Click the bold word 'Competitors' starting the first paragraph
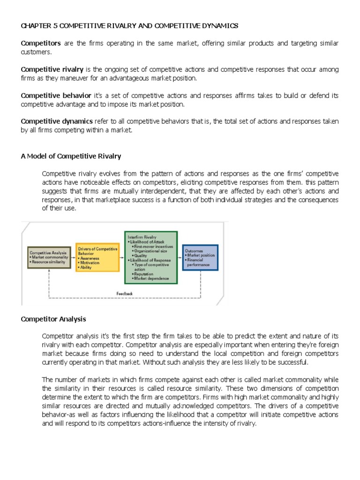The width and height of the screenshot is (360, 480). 41,43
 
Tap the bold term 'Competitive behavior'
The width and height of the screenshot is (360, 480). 56,96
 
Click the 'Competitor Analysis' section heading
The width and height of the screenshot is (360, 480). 53,319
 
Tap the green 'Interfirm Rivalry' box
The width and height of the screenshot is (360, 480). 150,257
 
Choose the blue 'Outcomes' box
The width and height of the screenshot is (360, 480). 200,257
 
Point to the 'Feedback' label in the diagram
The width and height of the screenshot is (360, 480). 124,293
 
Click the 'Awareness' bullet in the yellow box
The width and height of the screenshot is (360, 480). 90,258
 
